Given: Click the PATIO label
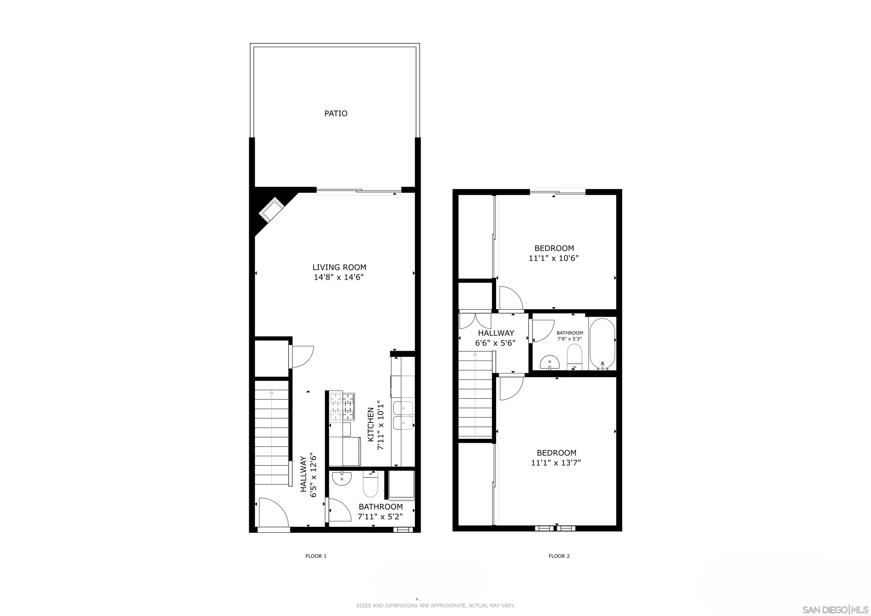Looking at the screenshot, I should pyautogui.click(x=336, y=113).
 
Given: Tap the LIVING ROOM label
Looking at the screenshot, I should pyautogui.click(x=339, y=267).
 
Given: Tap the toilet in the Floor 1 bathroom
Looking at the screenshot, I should pyautogui.click(x=370, y=486).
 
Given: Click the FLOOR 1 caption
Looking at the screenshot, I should pyautogui.click(x=316, y=556).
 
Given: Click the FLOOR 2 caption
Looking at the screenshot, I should pyautogui.click(x=559, y=556).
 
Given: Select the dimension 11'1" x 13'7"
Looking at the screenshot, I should pyautogui.click(x=556, y=463).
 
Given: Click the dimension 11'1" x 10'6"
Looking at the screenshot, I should pyautogui.click(x=553, y=258).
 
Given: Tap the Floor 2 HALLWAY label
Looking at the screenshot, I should pyautogui.click(x=496, y=333).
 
